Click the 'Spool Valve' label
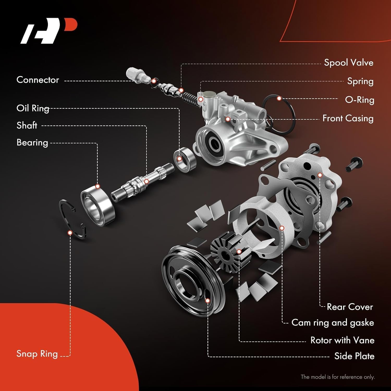(x=349, y=63)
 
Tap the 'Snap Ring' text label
(x=37, y=354)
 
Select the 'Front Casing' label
(x=348, y=118)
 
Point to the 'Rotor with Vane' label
(x=342, y=340)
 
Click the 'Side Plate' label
(x=354, y=356)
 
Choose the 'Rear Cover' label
(x=350, y=307)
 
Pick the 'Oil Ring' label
(x=33, y=108)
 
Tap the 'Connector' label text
(x=38, y=80)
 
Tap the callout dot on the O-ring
(x=279, y=99)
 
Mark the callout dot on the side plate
(x=207, y=301)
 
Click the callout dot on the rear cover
(x=320, y=175)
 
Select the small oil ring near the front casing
(x=185, y=160)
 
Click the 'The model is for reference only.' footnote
(x=338, y=377)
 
